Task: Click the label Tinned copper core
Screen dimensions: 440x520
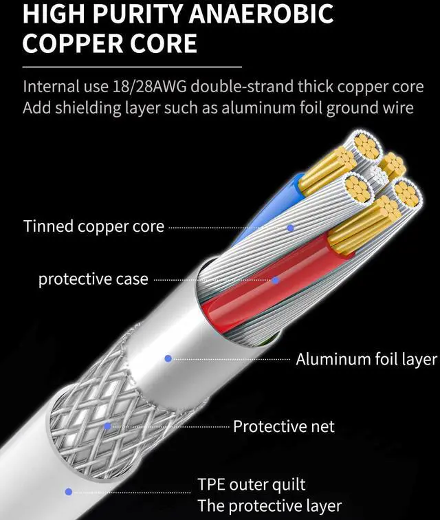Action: click(93, 226)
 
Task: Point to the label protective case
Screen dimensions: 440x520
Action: click(93, 279)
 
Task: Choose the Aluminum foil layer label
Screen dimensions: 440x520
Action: click(366, 359)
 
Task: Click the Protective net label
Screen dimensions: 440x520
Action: click(283, 426)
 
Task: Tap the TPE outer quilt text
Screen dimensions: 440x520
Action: click(251, 485)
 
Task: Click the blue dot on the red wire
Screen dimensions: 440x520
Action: click(276, 280)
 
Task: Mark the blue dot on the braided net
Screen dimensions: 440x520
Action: click(108, 426)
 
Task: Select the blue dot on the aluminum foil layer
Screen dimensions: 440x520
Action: click(168, 358)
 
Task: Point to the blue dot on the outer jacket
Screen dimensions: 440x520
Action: click(69, 492)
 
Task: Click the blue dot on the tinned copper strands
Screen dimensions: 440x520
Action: click(290, 227)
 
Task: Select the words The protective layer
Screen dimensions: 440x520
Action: click(269, 507)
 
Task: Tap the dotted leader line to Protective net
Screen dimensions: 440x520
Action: click(172, 426)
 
